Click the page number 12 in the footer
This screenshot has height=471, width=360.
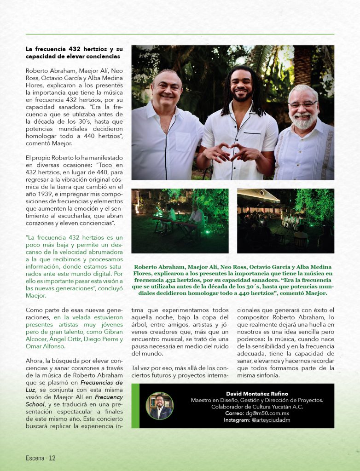(x=52, y=458)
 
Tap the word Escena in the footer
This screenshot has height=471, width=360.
(x=35, y=458)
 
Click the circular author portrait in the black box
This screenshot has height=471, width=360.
(x=159, y=406)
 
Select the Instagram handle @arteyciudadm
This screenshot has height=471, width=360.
(x=271, y=420)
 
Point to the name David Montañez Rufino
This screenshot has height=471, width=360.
(x=256, y=393)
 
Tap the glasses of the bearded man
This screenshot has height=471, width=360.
(x=303, y=104)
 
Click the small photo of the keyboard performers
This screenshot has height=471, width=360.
(x=180, y=221)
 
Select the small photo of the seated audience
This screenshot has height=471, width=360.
(x=285, y=221)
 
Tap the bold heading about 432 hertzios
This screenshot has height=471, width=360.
(x=74, y=52)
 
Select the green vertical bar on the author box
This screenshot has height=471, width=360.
(x=135, y=406)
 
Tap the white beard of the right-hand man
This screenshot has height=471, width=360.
(x=304, y=121)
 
